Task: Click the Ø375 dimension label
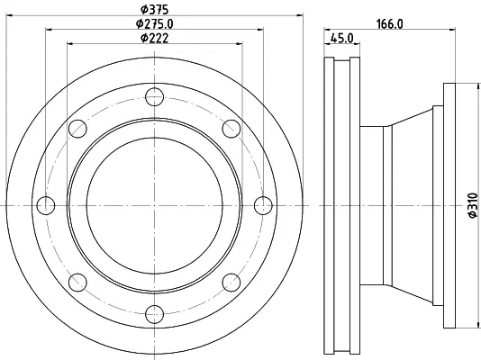point(154,10)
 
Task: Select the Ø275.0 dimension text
point(155,24)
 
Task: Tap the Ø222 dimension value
point(154,39)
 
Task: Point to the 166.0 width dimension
point(390,24)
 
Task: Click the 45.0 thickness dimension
point(341,39)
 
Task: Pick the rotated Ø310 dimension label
point(473,205)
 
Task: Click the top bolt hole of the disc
point(154,97)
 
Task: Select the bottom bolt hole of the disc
point(154,314)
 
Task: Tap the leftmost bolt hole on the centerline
point(46,205)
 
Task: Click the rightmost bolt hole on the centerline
point(263,205)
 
